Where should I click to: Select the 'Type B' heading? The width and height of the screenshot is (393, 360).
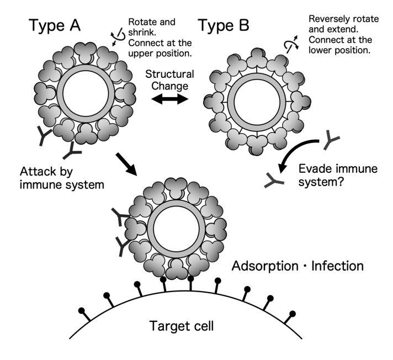pos(224,26)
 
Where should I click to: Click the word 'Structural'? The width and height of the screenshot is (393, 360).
pos(168,73)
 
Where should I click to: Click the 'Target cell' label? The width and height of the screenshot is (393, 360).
pos(181,326)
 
